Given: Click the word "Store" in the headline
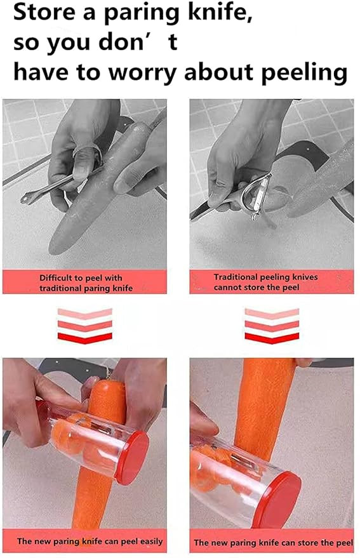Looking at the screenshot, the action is (44, 12).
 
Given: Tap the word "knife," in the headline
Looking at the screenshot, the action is (220, 13).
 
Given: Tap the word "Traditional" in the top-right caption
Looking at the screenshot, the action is (237, 277).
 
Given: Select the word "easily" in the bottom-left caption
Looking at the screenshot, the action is (151, 541).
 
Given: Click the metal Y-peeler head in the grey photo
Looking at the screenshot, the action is (257, 195).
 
